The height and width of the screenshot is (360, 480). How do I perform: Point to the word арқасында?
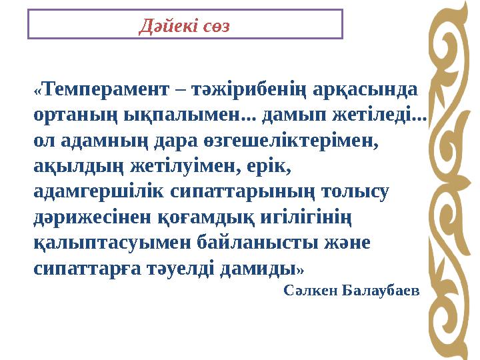(369, 90)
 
